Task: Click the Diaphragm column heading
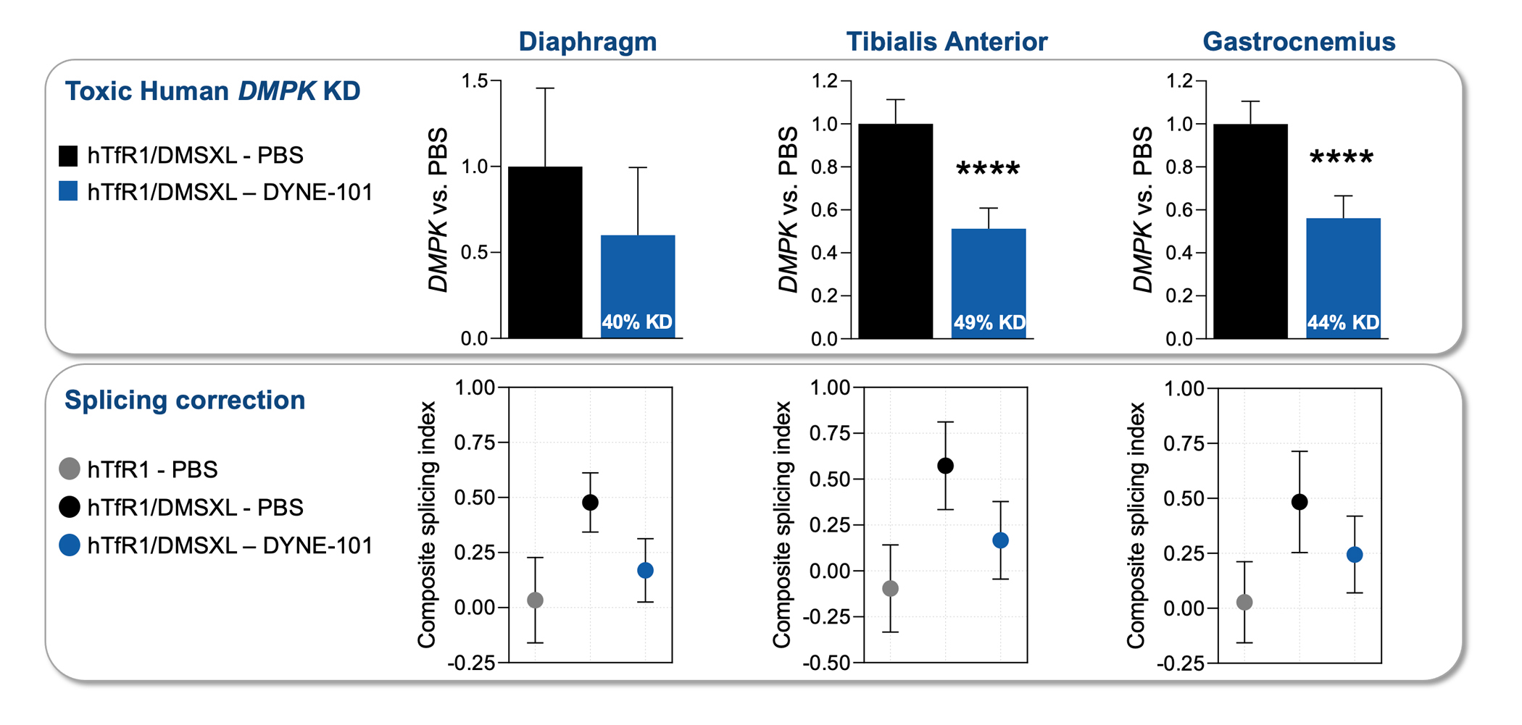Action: [x=587, y=42]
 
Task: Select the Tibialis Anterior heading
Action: [x=947, y=42]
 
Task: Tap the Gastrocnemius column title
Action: [x=1299, y=42]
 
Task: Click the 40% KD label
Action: [x=637, y=322]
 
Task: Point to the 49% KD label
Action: [x=989, y=323]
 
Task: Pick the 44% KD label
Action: [x=1343, y=323]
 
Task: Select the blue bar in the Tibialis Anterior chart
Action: [x=989, y=275]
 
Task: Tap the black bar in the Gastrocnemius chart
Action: [x=1250, y=232]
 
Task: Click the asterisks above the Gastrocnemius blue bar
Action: [x=1342, y=158]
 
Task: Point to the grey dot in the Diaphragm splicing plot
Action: [x=536, y=600]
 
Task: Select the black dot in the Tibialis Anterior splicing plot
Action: [x=945, y=466]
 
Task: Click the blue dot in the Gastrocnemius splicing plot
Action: [x=1355, y=555]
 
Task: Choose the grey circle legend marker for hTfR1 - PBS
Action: [x=69, y=469]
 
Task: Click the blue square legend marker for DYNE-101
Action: [x=68, y=191]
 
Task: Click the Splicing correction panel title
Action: [x=185, y=401]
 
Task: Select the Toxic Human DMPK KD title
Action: [x=212, y=91]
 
